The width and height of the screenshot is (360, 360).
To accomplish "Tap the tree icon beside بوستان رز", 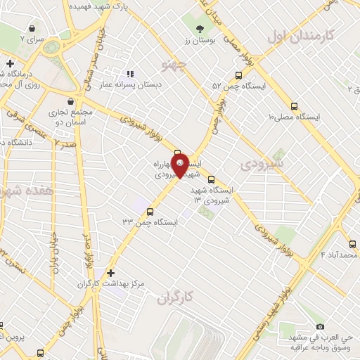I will [x=200, y=29].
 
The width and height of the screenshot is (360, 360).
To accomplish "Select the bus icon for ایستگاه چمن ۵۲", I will [x=238, y=75].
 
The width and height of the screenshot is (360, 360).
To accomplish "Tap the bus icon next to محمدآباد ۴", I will [x=352, y=244].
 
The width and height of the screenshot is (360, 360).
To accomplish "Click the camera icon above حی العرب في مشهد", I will [x=321, y=326].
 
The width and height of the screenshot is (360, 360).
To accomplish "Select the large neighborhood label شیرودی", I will [x=261, y=164].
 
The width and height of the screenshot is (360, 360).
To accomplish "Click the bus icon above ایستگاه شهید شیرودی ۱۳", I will [x=210, y=179].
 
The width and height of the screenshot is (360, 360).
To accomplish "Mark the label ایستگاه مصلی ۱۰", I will [x=294, y=116].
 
